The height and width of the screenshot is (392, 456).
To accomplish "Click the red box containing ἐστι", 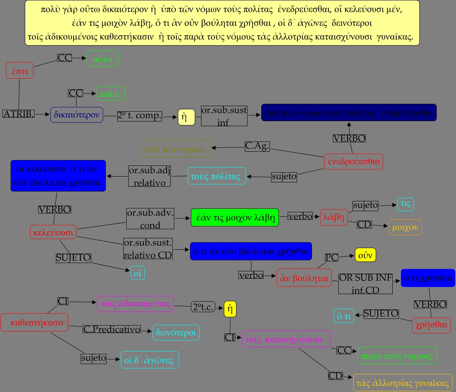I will (20, 71).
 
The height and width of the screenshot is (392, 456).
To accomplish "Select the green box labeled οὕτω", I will (102, 59).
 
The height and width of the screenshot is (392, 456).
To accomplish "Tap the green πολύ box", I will (111, 94).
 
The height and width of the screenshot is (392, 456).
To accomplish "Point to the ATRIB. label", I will (18, 114).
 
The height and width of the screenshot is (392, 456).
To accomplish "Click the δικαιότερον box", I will (77, 114).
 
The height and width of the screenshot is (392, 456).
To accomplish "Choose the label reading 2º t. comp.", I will (140, 116).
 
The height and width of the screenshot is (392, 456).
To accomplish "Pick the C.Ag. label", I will (257, 146).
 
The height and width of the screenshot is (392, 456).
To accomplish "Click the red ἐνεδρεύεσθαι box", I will (353, 161).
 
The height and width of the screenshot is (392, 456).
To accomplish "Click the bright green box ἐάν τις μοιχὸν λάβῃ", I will (234, 217).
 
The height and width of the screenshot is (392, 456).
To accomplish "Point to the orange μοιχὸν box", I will (405, 227).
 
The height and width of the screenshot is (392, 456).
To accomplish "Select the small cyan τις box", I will (405, 204).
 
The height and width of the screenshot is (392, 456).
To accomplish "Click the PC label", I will (332, 257).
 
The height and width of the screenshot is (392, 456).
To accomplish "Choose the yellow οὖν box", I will (365, 255).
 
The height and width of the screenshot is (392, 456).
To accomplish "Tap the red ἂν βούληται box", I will (304, 278).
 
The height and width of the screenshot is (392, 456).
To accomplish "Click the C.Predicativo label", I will (112, 329).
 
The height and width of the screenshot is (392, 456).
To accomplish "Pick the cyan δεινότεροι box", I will (176, 333).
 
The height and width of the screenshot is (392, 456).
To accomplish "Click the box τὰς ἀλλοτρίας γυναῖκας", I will (402, 383).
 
